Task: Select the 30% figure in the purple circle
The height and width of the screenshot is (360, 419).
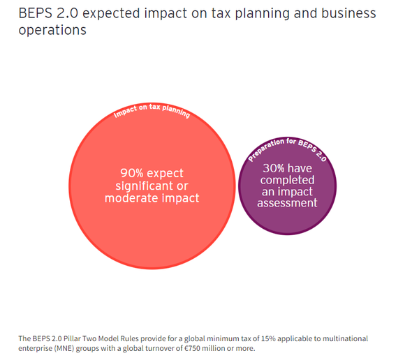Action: (274, 167)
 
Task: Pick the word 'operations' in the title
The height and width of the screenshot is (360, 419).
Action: (53, 31)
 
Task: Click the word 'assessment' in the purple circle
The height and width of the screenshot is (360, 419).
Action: (287, 203)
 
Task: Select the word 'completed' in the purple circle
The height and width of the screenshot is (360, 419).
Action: (287, 179)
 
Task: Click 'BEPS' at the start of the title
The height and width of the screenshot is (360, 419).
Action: (35, 14)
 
